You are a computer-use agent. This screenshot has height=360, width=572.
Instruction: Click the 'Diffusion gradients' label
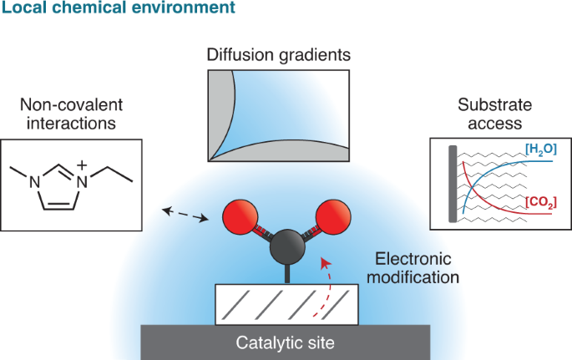pos(280,56)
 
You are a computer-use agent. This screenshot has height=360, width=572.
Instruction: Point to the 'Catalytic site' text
pos(285,342)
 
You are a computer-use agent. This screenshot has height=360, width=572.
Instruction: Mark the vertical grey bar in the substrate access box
pos(452,185)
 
